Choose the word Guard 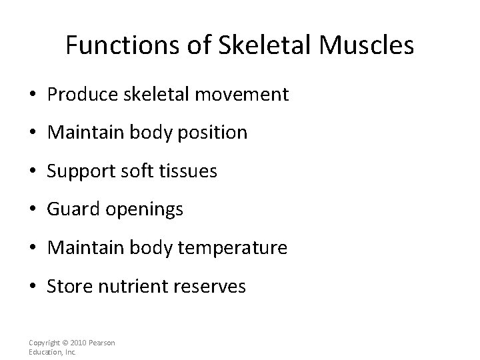pos(70,210)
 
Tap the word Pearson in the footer pos(103,343)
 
